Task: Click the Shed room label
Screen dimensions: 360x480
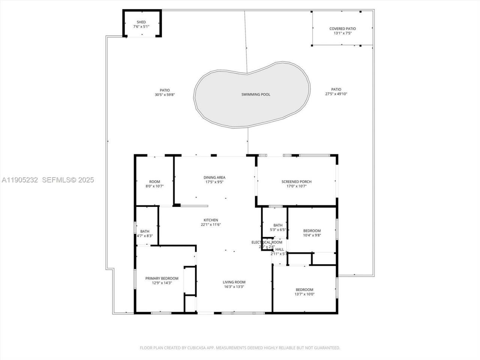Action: click(141, 22)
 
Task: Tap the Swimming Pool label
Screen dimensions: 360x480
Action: click(255, 94)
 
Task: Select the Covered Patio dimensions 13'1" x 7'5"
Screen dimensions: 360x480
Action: click(342, 33)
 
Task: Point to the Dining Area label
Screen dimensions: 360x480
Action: click(214, 177)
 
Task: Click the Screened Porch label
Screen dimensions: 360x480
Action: click(296, 181)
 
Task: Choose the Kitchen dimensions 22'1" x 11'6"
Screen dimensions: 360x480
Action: click(210, 225)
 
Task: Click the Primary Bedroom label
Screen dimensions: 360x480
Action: click(162, 278)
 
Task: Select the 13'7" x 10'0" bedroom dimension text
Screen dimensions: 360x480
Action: click(304, 294)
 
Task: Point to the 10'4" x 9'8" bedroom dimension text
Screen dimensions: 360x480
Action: click(312, 235)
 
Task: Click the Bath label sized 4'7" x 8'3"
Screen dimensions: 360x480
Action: click(145, 231)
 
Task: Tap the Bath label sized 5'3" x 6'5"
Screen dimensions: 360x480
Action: click(278, 225)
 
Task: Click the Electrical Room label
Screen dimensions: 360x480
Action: click(267, 242)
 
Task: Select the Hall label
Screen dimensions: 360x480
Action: click(280, 249)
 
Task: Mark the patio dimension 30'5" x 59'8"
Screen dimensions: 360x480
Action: click(165, 95)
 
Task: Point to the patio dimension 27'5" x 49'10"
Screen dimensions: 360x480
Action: click(336, 94)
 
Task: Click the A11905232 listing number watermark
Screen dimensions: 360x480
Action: click(20, 180)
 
